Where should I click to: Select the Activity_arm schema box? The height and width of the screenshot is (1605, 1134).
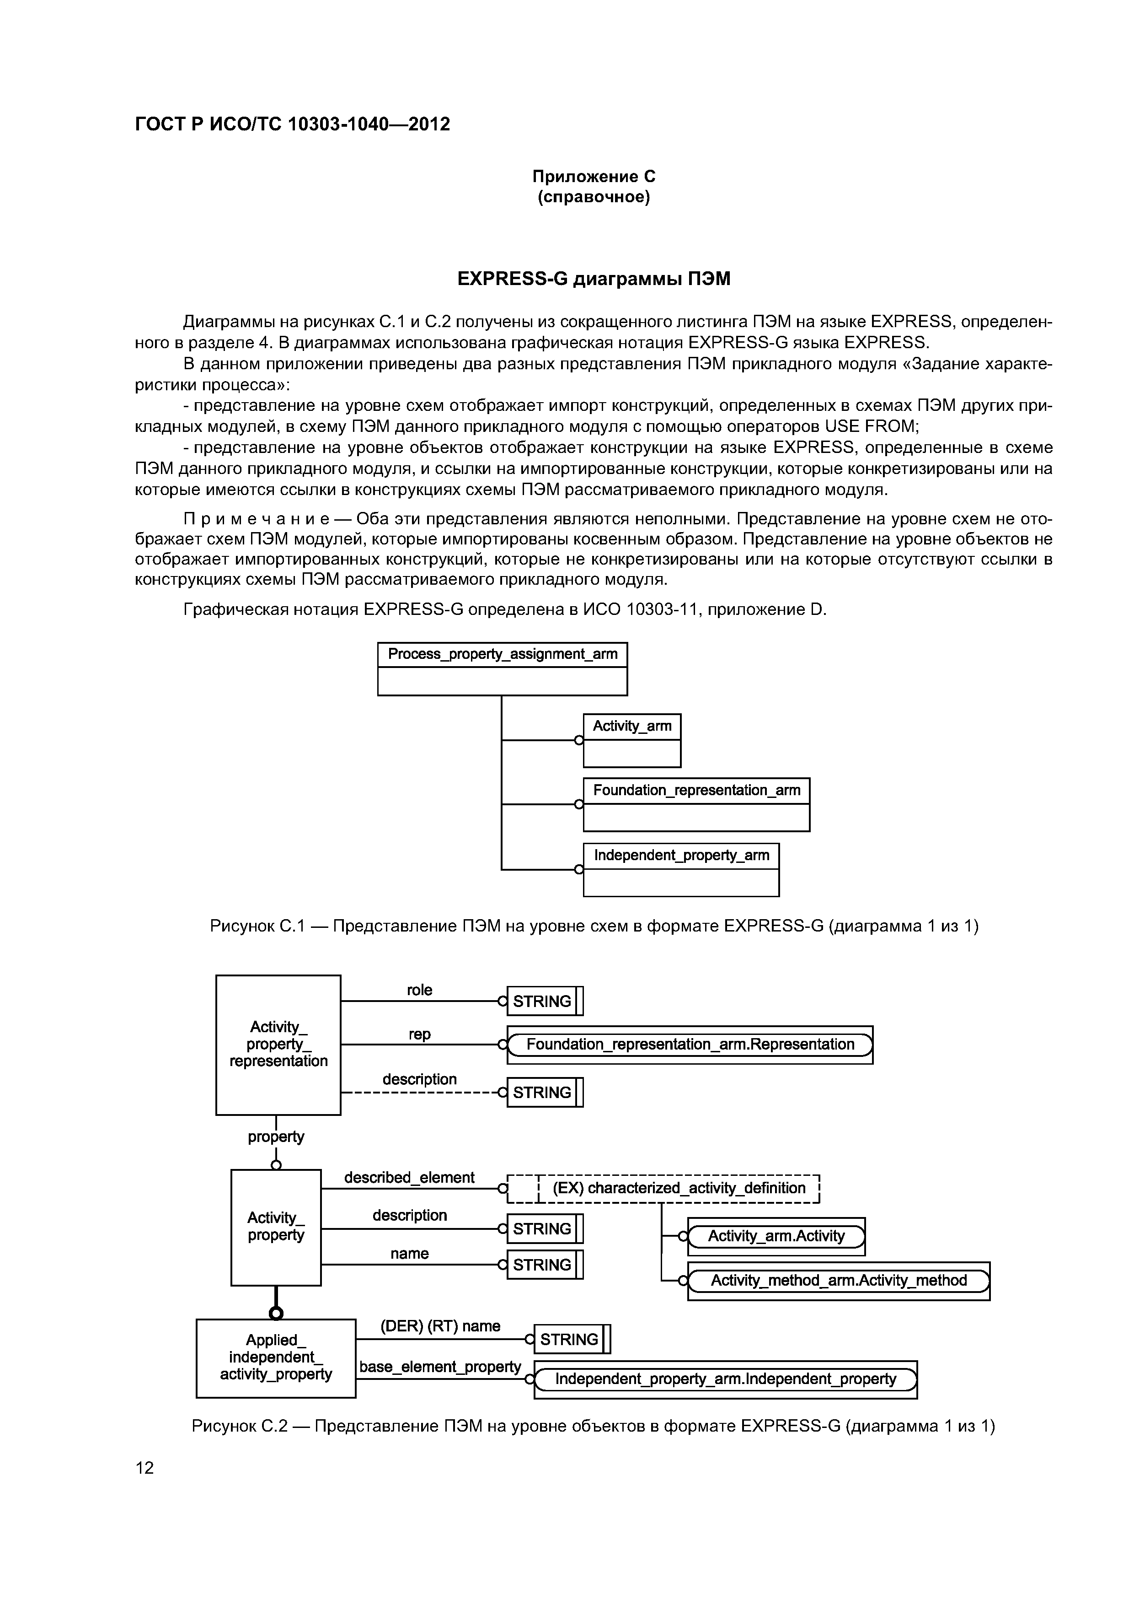[631, 740]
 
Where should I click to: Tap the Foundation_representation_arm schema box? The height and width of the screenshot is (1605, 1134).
[696, 804]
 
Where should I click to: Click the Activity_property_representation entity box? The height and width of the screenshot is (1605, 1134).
[278, 1045]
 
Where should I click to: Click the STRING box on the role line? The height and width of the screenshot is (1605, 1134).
[544, 1001]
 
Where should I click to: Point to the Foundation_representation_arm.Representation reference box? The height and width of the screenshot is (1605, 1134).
[690, 1045]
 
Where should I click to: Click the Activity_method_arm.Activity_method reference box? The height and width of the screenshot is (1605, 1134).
[839, 1280]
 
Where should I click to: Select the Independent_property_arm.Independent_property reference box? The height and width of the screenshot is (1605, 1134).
[725, 1379]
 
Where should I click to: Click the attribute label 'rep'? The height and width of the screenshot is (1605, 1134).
[419, 1034]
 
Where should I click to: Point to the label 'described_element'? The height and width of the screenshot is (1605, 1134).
[409, 1177]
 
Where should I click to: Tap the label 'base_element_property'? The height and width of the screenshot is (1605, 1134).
[440, 1366]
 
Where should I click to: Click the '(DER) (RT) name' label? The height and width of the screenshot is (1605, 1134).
[440, 1326]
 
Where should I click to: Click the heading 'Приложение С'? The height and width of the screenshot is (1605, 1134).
[594, 177]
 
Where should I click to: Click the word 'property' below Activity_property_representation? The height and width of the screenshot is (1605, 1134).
[276, 1136]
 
